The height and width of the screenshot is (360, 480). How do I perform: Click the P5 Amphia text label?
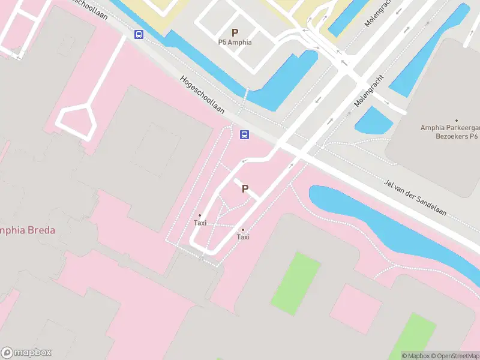click(235, 43)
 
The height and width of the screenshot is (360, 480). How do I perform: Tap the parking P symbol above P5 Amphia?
click(235, 32)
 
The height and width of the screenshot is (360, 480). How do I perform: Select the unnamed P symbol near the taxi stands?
click(245, 188)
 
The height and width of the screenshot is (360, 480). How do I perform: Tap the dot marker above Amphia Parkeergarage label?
click(457, 121)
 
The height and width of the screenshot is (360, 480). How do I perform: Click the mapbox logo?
click(26, 353)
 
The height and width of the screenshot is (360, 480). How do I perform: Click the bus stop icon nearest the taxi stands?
click(245, 134)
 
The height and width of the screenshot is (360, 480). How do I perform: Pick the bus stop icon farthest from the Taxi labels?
click(139, 34)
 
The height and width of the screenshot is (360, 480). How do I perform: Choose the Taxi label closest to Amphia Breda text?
click(200, 223)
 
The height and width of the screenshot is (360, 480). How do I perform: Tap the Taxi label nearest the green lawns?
click(243, 237)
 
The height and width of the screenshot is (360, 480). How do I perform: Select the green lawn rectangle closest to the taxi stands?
click(296, 282)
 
